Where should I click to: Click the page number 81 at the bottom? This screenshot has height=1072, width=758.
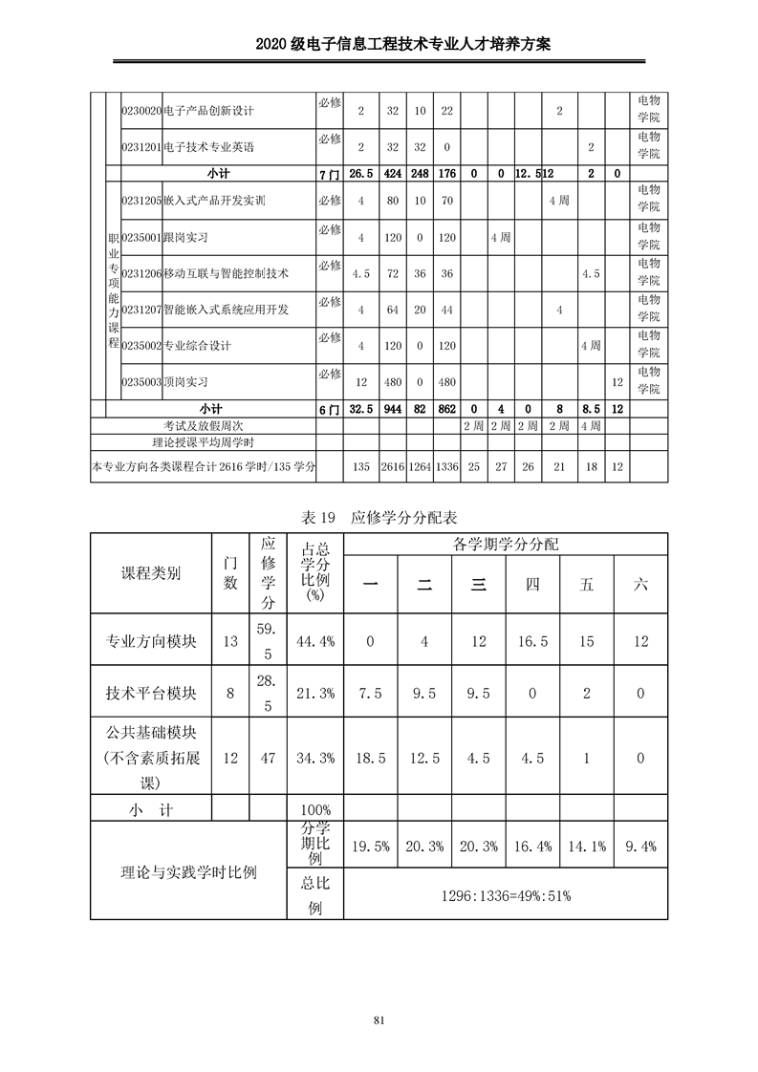[379, 1020]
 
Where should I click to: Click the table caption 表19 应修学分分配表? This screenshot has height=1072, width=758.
[379, 518]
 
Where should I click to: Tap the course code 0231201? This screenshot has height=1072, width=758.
[141, 147]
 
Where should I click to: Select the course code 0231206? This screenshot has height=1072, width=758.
[141, 273]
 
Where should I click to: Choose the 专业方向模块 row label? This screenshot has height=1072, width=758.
[151, 641]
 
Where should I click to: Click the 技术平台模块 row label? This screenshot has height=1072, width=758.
[151, 695]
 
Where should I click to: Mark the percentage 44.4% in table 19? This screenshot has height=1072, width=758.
[315, 641]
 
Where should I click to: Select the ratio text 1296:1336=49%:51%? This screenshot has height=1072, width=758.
[506, 897]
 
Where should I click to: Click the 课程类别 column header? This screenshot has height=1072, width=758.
[151, 573]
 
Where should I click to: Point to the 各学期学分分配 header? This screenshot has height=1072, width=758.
[506, 544]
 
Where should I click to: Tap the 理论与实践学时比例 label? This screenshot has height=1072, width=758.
[188, 871]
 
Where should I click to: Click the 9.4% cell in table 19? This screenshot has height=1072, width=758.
[640, 847]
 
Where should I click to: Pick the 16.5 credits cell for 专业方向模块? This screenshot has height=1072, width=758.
[532, 641]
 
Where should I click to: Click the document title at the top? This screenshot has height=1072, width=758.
[379, 45]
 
